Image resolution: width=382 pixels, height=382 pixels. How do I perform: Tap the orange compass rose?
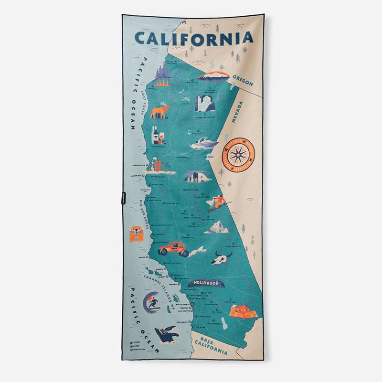(x=238, y=154)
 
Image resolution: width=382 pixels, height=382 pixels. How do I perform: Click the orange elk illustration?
(x=159, y=111)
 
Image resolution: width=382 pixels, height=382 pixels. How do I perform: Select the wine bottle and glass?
(x=157, y=136)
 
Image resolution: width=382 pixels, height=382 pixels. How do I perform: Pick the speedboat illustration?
(x=204, y=143)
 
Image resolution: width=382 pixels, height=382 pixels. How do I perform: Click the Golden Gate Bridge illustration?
(x=158, y=165)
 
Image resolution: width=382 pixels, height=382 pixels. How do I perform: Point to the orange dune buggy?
(x=173, y=248)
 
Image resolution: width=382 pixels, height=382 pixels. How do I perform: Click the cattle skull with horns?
(x=223, y=258)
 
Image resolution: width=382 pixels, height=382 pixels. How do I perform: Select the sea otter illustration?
(x=136, y=234)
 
